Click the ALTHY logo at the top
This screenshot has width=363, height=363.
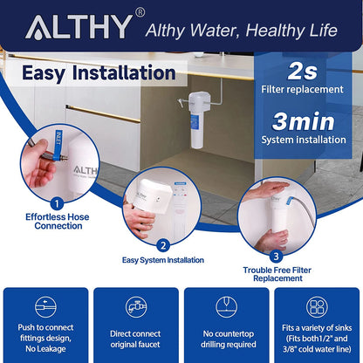click(78, 29)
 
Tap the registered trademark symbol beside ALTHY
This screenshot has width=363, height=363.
click(140, 14)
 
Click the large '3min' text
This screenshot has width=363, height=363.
click(305, 122)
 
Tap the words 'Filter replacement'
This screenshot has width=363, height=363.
click(305, 90)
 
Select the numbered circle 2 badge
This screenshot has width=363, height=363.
click(163, 245)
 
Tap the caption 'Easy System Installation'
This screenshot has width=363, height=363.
click(163, 260)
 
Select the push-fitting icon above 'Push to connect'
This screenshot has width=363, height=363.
click(46, 307)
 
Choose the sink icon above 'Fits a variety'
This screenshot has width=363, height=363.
click(316, 307)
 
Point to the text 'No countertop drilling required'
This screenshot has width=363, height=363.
click(227, 339)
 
